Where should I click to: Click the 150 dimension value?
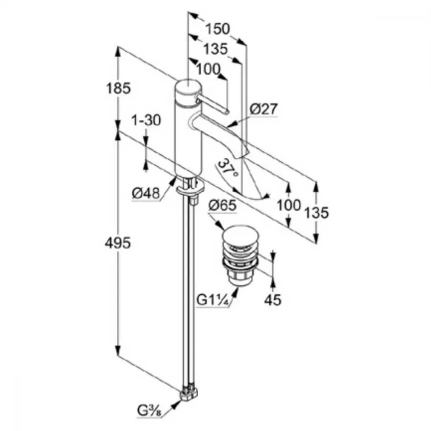(218, 30)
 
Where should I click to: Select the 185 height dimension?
(119, 88)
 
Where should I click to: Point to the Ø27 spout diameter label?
(263, 109)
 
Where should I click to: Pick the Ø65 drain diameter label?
(222, 206)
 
